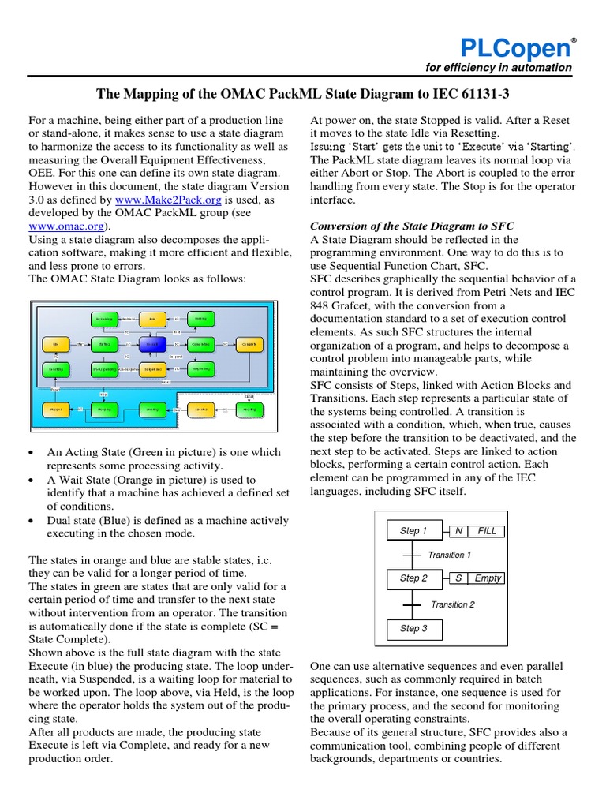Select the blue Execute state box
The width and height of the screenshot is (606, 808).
point(152,344)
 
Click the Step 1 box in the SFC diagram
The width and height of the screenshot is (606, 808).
point(414,531)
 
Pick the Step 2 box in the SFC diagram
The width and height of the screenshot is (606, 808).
point(414,578)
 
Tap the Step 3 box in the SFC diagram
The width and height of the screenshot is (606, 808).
point(414,628)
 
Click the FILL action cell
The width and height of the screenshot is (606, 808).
point(488,531)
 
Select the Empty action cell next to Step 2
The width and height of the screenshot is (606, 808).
point(488,578)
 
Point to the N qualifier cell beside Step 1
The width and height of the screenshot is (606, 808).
point(458,531)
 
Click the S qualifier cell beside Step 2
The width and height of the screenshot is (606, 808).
point(458,578)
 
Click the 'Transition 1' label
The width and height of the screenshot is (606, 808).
point(449,555)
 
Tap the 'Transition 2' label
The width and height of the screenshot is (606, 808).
point(453,604)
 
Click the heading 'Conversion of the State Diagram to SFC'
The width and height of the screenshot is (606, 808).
point(413,226)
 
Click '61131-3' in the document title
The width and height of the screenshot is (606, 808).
point(484,95)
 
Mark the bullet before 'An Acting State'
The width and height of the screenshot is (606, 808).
point(30,453)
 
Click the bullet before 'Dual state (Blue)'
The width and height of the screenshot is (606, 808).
point(30,520)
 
